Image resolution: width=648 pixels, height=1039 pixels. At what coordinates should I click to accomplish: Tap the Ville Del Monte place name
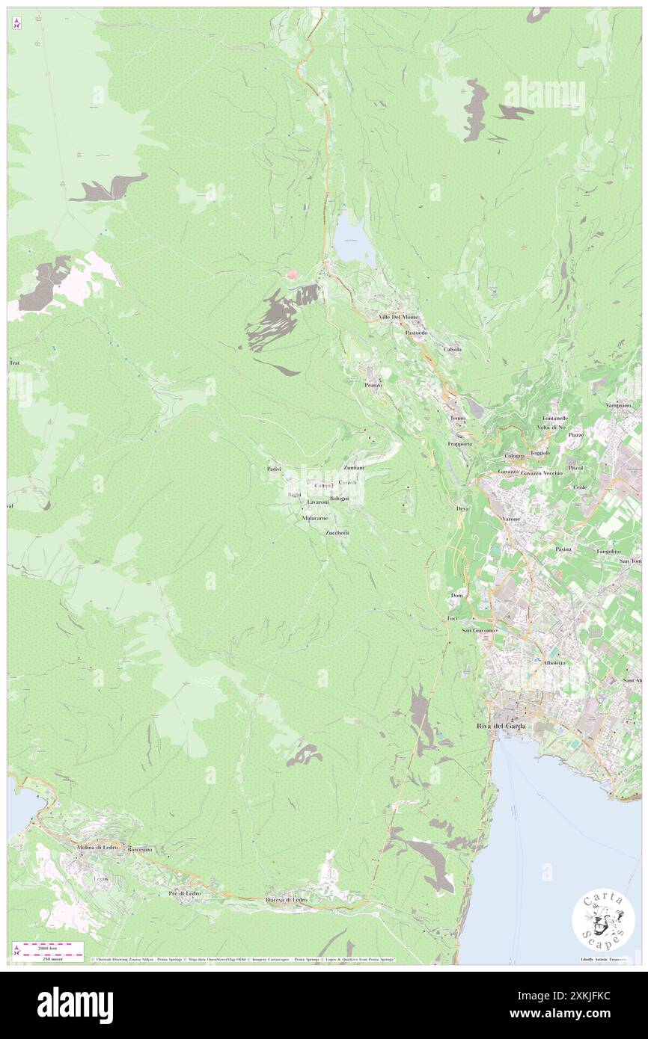400,317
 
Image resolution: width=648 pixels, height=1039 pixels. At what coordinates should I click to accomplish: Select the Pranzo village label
373,384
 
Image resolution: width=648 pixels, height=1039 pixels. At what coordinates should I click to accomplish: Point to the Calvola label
452,349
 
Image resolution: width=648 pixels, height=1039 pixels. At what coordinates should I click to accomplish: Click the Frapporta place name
459,443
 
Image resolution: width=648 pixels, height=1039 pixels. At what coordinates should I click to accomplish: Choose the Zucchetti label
337,532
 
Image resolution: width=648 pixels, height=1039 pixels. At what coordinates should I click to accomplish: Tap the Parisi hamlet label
273,469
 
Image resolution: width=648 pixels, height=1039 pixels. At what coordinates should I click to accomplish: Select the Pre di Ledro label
184,894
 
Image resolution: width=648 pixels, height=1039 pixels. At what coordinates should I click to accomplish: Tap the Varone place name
511,518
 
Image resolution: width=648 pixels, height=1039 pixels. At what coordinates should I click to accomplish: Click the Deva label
462,509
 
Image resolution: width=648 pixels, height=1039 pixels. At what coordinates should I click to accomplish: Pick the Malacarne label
315,518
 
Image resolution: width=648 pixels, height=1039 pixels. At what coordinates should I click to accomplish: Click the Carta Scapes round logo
603,921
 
